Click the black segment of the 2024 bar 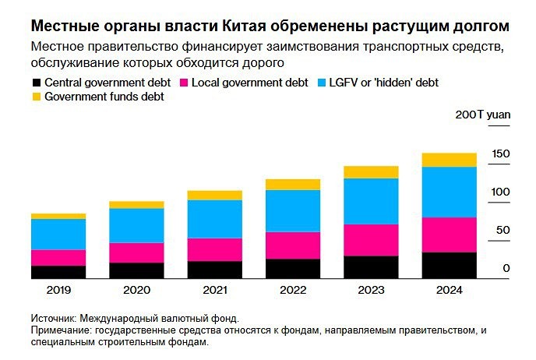tap(450, 265)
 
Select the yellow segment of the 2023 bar tap(371, 171)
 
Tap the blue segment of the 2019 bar tap(58, 234)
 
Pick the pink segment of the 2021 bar tap(214, 249)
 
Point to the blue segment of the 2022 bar tap(293, 210)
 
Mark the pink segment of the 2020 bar tap(136, 252)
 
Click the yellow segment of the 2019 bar tap(58, 216)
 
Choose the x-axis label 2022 tap(293, 289)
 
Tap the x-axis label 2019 tap(58, 289)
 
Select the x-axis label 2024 tap(450, 289)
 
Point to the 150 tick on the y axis tap(501, 154)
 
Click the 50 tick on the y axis tap(503, 230)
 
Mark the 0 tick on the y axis tap(506, 268)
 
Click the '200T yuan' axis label tap(483, 115)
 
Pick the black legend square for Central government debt tap(36, 83)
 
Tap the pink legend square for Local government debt tap(185, 83)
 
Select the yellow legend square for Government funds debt tap(36, 97)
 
